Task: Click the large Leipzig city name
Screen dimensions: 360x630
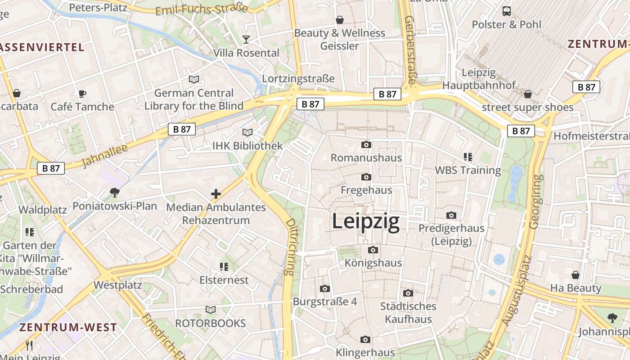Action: [366, 222]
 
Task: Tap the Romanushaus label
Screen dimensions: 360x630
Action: [366, 158]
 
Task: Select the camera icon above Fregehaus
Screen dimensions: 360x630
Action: [366, 177]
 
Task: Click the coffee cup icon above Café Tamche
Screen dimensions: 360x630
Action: [82, 94]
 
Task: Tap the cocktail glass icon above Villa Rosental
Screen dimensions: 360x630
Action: [246, 40]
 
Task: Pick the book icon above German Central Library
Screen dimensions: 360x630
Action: [194, 80]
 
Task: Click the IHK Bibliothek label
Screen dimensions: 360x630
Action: [247, 146]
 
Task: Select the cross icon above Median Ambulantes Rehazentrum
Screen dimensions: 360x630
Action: [216, 194]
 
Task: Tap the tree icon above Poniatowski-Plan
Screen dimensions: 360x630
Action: [115, 193]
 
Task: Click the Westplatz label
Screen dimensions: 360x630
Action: [117, 285]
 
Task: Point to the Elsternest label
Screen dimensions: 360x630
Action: [224, 280]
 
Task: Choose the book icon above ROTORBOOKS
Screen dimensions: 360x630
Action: [211, 310]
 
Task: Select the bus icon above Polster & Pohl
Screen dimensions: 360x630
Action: [507, 11]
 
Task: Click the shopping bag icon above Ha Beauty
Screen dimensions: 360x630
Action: [576, 274]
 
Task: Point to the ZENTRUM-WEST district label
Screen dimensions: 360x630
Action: [68, 328]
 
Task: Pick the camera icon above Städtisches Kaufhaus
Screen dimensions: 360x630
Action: [408, 293]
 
